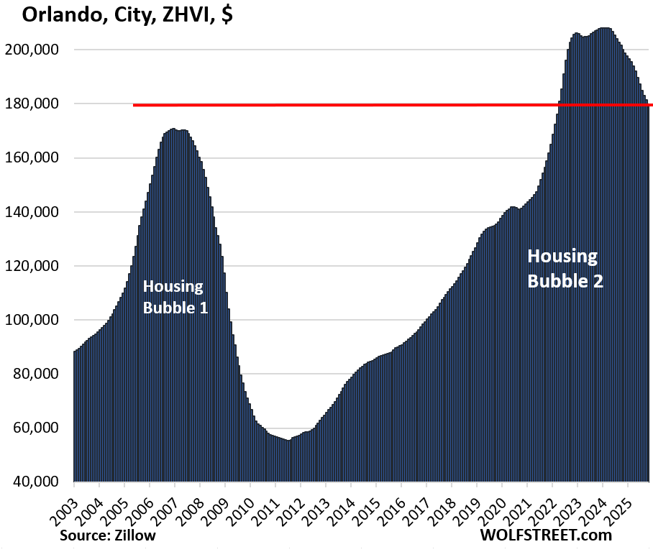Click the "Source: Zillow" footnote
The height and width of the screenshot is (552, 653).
pyautogui.click(x=108, y=535)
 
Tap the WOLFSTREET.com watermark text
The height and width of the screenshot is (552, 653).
pyautogui.click(x=546, y=535)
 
